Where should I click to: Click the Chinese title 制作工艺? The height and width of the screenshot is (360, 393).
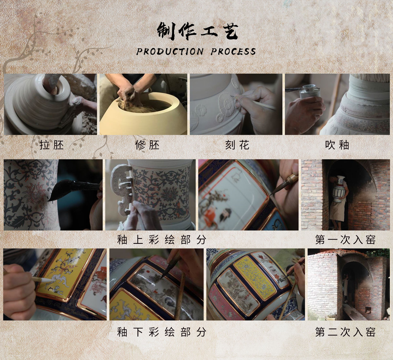coord(198,31)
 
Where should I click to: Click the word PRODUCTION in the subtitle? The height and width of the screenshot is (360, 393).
coord(170,52)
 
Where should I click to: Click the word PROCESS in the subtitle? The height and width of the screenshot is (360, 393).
coord(233,52)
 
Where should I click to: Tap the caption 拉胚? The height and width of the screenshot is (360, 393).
coord(51,145)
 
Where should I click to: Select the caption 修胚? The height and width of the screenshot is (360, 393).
coord(147,145)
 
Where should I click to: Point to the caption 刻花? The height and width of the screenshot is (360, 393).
coord(237,145)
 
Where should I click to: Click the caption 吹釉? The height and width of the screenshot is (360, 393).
coord(337,145)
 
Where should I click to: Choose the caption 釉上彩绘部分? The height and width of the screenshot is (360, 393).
coord(162,240)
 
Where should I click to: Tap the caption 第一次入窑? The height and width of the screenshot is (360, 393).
coord(345,240)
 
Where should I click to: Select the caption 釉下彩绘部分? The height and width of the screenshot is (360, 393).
coord(162,332)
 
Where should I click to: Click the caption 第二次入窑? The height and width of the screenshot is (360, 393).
coord(345,332)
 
